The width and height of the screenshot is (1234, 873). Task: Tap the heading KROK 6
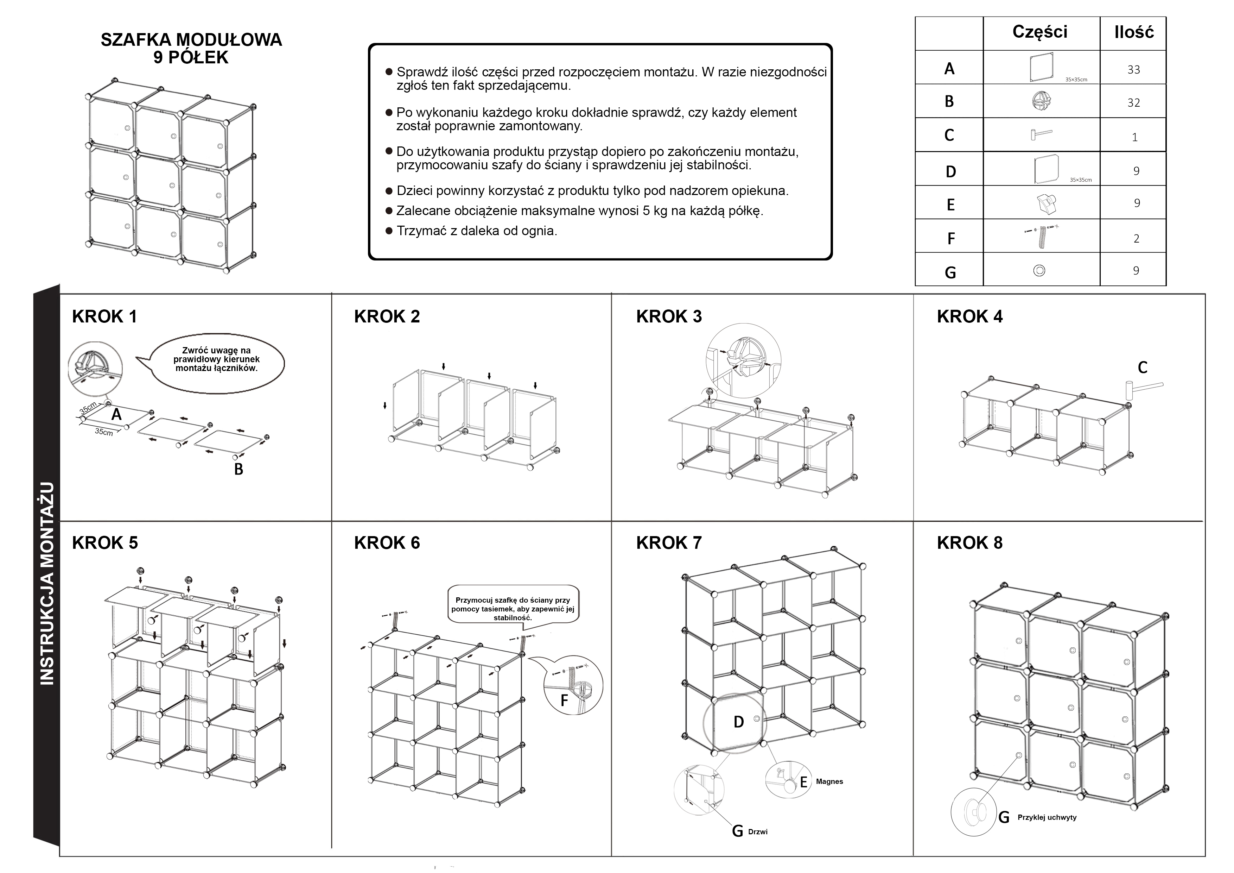tap(387, 543)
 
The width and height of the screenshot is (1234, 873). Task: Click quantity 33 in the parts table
tap(1134, 69)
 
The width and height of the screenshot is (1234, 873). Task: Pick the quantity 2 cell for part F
tap(1136, 238)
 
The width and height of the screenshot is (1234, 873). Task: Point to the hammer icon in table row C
tap(1041, 134)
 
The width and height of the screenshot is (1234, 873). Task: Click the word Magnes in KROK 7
tap(829, 781)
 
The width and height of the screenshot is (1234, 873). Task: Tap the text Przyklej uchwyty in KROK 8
tap(1047, 817)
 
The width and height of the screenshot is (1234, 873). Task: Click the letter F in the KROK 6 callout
tap(564, 701)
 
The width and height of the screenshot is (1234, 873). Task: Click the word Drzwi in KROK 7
tap(758, 831)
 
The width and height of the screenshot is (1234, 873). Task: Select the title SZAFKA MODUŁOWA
tap(191, 40)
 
